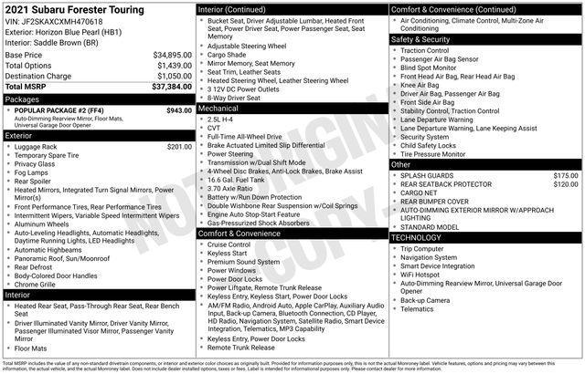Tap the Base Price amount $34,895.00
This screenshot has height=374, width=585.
pos(173,55)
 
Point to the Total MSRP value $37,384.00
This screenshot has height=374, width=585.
pos(173,87)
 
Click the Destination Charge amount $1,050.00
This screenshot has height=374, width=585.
pos(175,76)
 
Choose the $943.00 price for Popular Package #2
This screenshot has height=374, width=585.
pos(178,110)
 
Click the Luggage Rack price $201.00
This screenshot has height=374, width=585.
pos(180,146)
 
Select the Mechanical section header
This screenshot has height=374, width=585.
pos(224,108)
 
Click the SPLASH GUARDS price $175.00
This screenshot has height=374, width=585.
pos(565,175)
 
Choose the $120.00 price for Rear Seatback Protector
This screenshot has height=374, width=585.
pos(565,184)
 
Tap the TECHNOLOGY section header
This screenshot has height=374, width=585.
pos(422,237)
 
